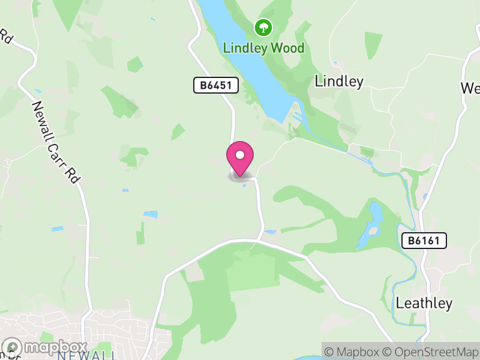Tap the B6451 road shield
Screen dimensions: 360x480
(216, 86)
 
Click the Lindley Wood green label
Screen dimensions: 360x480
(263, 48)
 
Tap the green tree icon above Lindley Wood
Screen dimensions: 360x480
(263, 27)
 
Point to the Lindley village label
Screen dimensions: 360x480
(339, 82)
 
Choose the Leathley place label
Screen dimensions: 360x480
(424, 304)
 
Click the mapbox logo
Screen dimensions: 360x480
(46, 347)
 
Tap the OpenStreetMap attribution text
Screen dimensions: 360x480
(430, 352)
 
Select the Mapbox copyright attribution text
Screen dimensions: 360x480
(353, 352)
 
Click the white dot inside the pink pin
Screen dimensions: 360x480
(240, 155)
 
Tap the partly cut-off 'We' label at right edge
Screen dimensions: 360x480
(470, 88)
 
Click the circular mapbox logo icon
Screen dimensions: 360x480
(13, 347)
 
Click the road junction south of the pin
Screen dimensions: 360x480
(260, 239)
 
